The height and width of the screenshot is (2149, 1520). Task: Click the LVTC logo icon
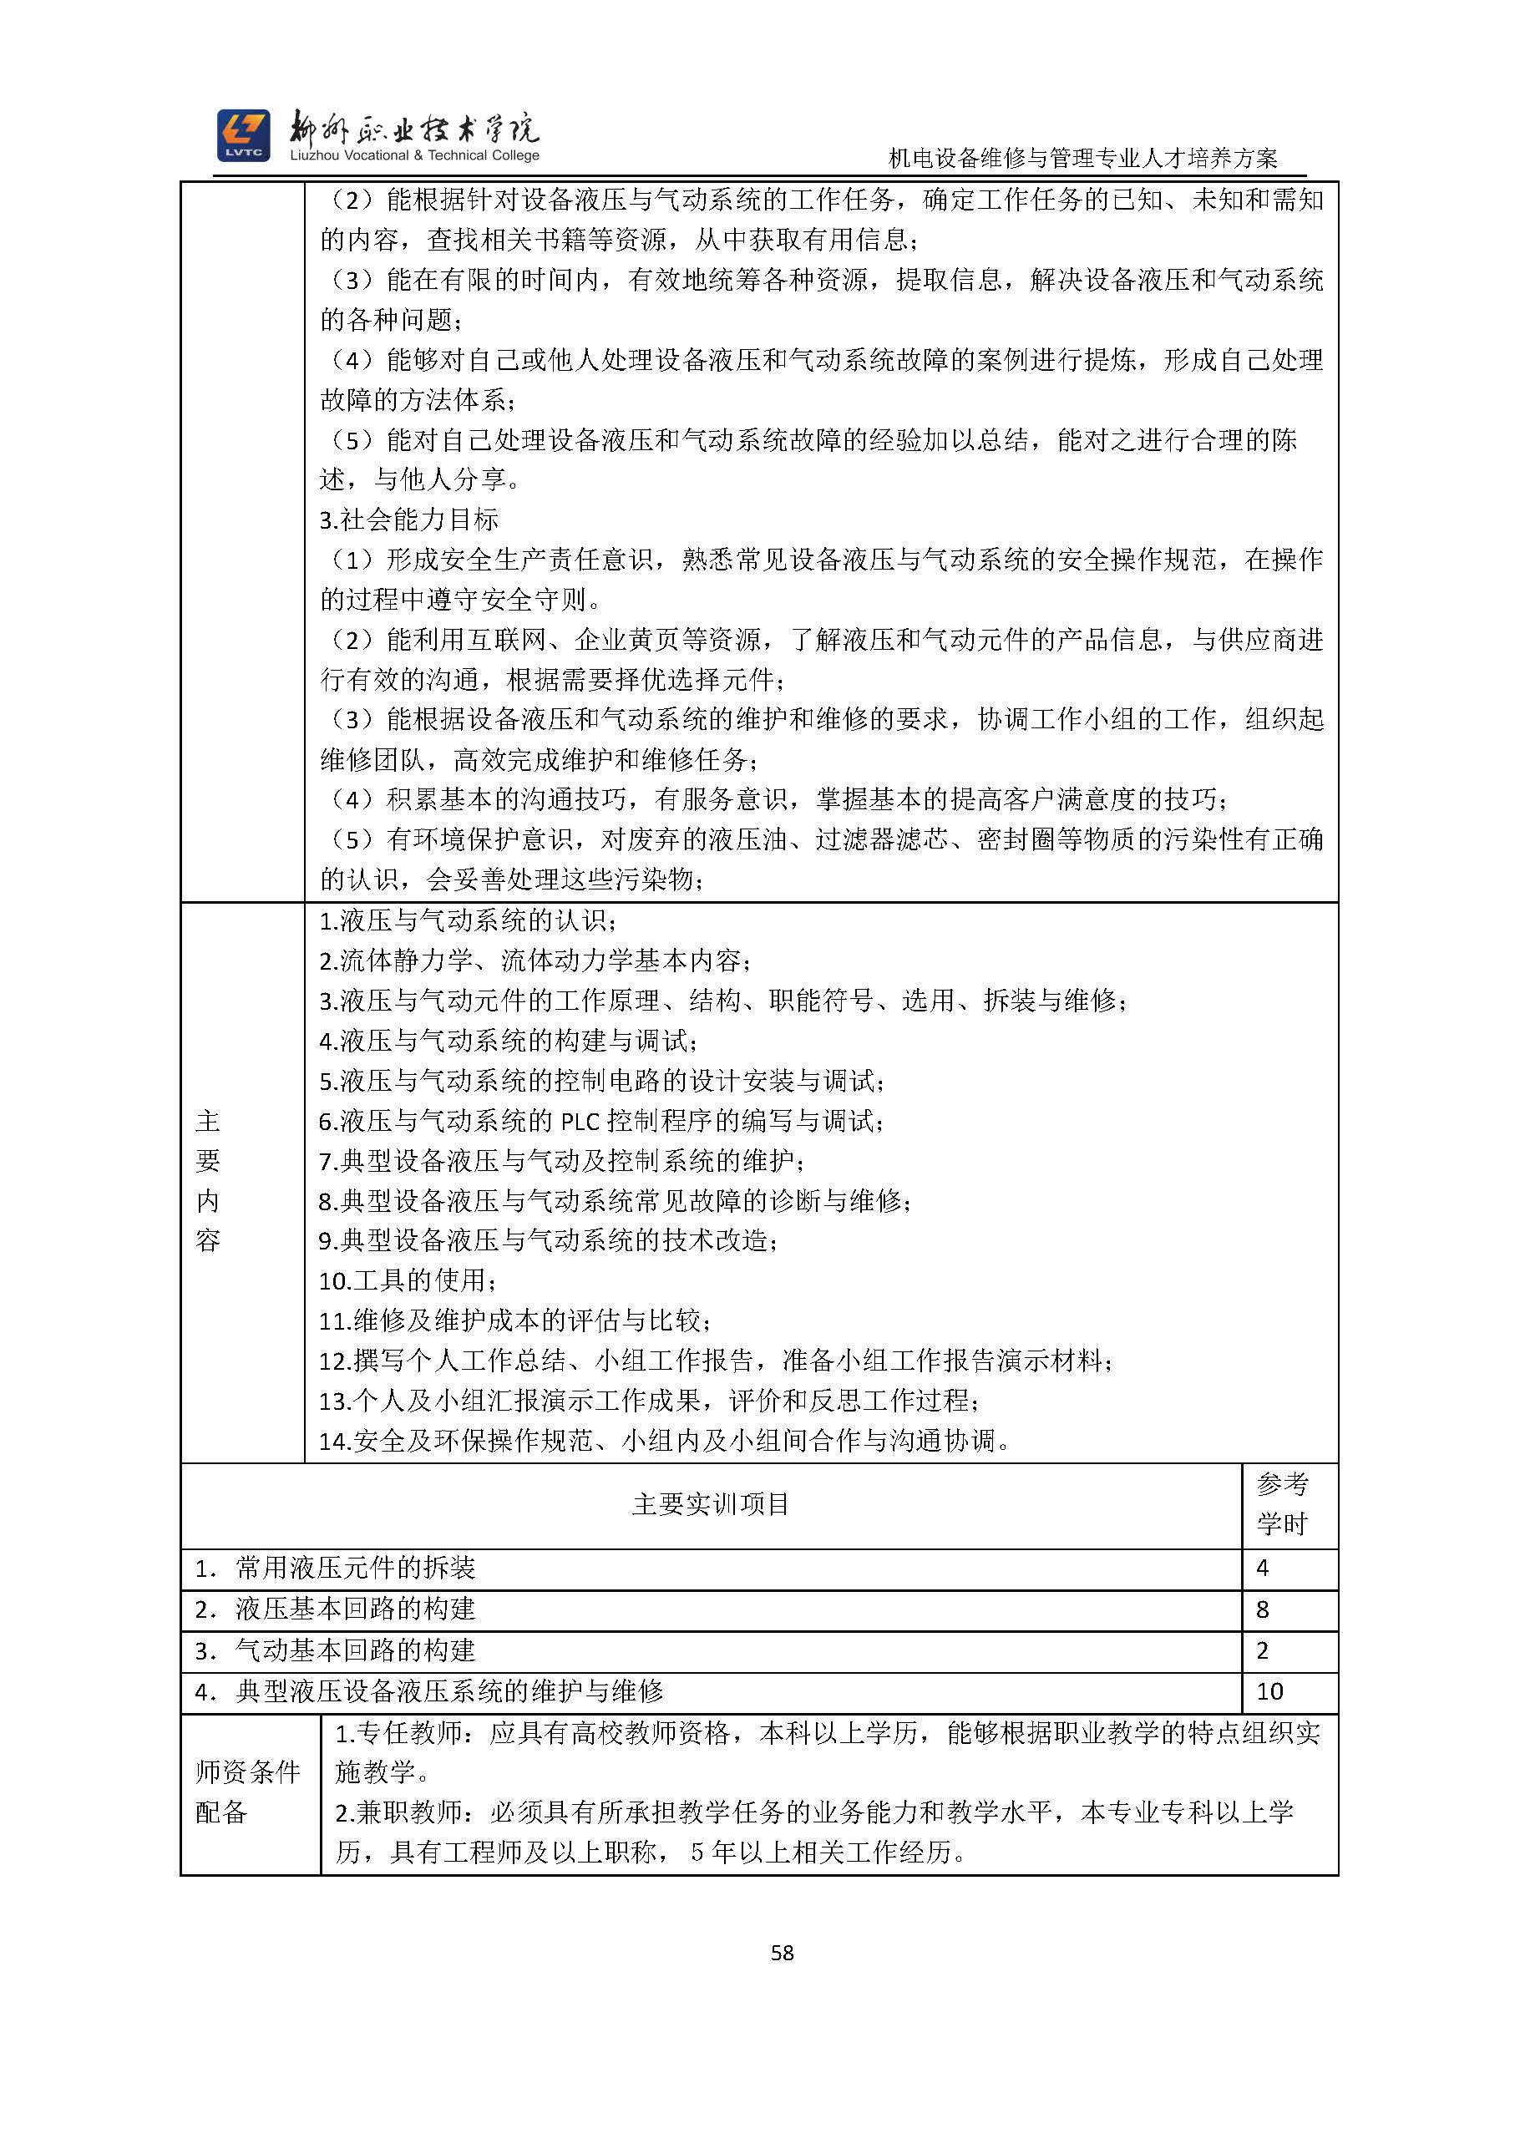[x=243, y=135]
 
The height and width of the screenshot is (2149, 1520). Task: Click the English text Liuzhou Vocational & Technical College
[x=414, y=156]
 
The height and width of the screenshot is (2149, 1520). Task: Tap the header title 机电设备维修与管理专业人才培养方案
[x=1083, y=160]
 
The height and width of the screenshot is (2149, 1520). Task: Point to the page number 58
[x=782, y=1953]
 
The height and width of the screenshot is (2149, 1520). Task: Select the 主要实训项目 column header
[x=711, y=1504]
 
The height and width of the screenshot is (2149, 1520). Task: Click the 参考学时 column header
[x=1281, y=1504]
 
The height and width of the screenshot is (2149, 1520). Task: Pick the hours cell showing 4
[x=1263, y=1568]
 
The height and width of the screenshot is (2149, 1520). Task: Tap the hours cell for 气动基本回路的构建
[x=1263, y=1650]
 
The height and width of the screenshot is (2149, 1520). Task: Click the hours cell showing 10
[x=1269, y=1691]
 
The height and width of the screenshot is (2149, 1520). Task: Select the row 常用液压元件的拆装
[x=356, y=1568]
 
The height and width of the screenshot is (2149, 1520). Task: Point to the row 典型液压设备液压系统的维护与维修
[x=449, y=1691]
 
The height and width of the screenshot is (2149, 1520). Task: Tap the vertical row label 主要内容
[x=208, y=1181]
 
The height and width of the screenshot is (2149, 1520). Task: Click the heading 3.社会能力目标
[x=409, y=520]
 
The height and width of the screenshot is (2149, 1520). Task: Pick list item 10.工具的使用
[x=408, y=1280]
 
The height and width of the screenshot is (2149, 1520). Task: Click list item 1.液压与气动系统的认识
[x=468, y=921]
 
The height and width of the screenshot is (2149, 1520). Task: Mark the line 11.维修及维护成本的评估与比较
[x=514, y=1320]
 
